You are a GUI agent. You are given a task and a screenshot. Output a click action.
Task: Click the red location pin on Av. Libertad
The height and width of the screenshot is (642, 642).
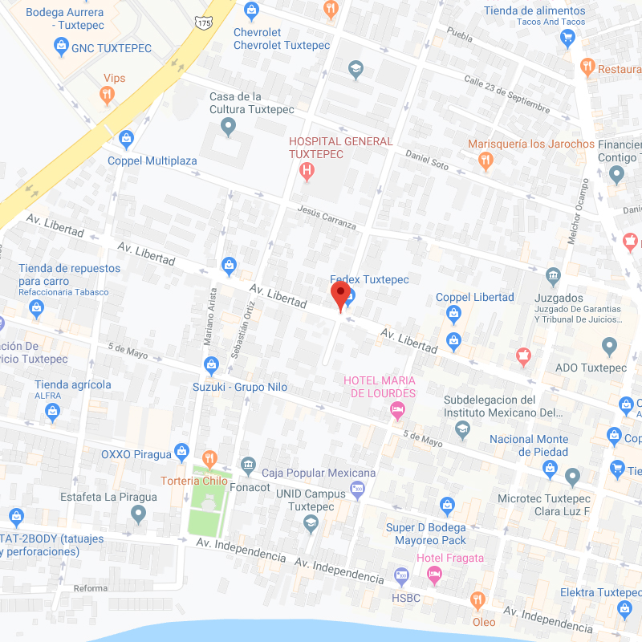(340, 295)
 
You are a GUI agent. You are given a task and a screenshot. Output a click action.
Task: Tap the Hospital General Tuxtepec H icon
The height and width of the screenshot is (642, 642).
(306, 171)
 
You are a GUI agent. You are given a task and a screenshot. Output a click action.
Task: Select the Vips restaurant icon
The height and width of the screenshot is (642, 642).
(107, 96)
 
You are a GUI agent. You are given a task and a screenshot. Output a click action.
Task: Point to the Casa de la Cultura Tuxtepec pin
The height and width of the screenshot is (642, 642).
(229, 127)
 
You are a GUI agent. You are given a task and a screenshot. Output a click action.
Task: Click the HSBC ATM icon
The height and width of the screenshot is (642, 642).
(402, 576)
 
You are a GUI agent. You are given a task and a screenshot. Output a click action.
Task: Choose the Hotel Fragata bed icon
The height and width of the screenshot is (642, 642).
(434, 575)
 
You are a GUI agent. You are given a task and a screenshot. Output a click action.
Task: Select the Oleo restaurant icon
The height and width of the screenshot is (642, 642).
(478, 600)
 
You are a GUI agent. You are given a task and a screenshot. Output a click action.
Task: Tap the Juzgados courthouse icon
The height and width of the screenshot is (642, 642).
(553, 278)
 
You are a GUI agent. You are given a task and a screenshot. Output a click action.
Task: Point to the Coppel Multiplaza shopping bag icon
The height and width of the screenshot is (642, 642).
(126, 140)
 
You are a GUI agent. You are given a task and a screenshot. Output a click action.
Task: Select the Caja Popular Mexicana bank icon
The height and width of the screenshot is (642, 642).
(248, 465)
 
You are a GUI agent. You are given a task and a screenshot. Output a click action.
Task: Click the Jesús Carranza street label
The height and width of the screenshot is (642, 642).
(326, 217)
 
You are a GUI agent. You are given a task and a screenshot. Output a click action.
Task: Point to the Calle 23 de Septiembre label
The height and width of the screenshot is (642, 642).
(507, 95)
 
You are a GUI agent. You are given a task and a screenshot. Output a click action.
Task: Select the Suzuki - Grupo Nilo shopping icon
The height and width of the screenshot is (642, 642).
(211, 366)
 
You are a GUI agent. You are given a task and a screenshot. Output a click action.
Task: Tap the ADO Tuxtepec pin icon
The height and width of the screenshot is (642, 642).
(609, 347)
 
